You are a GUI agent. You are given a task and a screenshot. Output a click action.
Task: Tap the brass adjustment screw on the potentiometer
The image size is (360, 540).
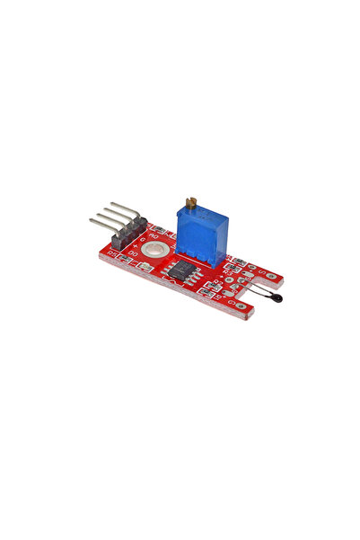click(x=190, y=203)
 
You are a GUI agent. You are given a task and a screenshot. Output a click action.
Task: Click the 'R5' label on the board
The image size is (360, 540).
click(x=110, y=254)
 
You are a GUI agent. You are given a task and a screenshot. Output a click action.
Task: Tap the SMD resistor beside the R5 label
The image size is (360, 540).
click(x=122, y=258)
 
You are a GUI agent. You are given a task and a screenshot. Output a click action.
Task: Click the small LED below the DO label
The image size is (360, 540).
click(x=144, y=264)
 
